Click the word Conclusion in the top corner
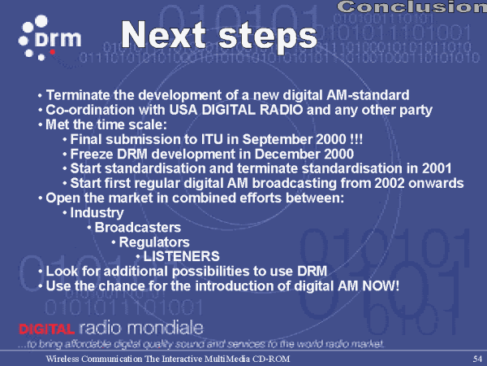[x=412, y=7]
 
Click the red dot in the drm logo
[x=53, y=52]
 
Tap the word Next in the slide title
[x=163, y=34]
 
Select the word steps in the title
[x=268, y=37]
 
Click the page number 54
[x=477, y=359]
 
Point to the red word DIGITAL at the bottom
[x=46, y=329]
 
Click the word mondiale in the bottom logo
[x=166, y=328]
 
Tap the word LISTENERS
[x=181, y=256]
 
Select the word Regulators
[x=154, y=242]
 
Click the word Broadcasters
[x=138, y=228]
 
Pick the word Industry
[x=97, y=213]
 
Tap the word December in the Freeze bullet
[x=287, y=154]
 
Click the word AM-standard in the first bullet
[x=368, y=95]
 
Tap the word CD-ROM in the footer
[x=271, y=359]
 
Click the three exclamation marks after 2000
[x=356, y=139]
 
